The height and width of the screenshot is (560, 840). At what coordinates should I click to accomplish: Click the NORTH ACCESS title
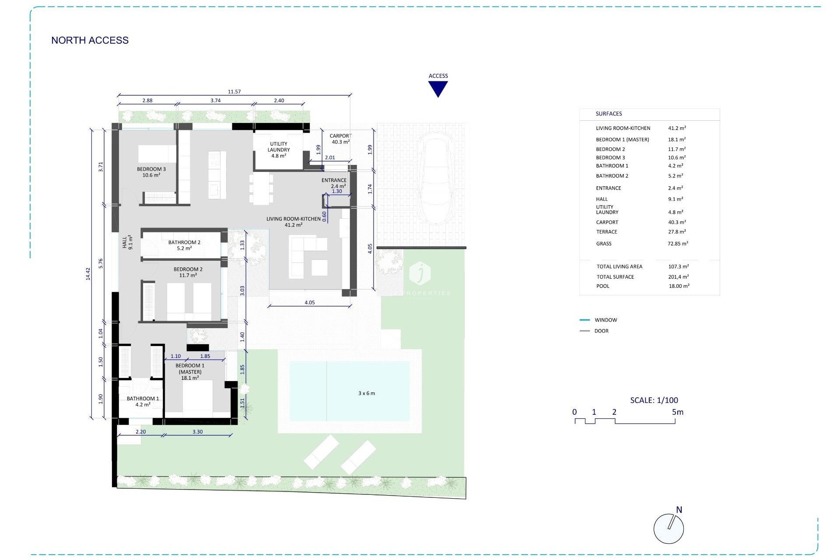(90, 40)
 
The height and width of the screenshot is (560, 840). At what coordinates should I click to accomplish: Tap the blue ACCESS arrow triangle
(438, 88)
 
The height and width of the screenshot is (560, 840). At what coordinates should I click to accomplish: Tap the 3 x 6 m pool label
(367, 393)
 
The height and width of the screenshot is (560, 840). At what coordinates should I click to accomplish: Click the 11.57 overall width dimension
(234, 92)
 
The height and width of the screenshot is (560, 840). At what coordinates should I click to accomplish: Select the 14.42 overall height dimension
(88, 274)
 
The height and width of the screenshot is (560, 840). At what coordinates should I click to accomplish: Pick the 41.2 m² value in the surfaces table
(677, 128)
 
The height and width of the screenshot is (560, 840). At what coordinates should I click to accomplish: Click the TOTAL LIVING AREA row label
(619, 266)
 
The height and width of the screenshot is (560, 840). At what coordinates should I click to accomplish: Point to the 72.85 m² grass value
(678, 244)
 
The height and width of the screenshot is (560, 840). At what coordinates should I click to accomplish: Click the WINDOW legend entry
(605, 320)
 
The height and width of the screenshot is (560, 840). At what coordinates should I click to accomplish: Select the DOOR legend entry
(601, 331)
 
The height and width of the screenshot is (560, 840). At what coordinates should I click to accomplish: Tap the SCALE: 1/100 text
(654, 400)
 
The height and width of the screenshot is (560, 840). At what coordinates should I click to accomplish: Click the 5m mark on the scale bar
(677, 412)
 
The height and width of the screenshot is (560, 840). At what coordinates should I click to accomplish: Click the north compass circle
(668, 528)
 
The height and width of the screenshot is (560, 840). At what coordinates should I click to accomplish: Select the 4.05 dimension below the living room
(309, 302)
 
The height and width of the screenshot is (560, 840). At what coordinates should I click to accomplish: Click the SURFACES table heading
(609, 114)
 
